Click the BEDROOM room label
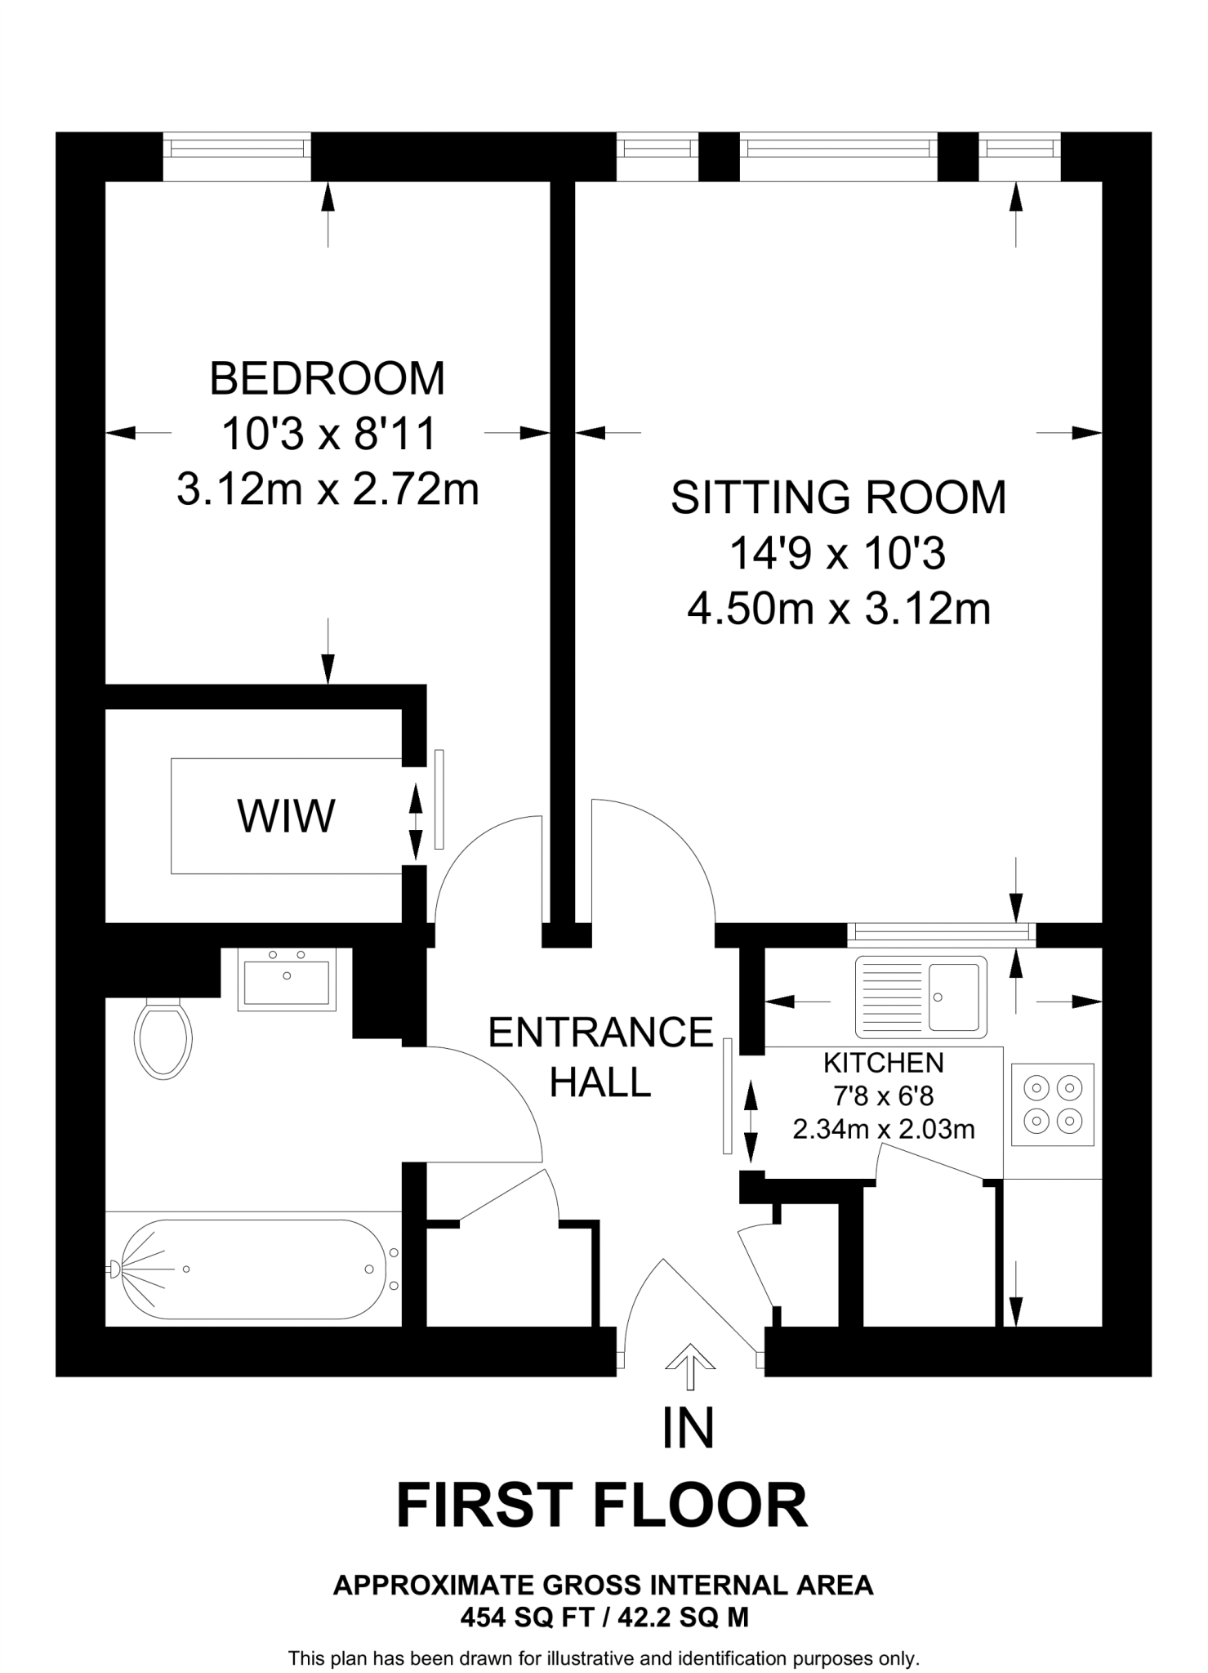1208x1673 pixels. point(328,379)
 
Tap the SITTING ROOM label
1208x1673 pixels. point(838,497)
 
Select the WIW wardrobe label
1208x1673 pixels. point(286,816)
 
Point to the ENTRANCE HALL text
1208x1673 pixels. point(600,1057)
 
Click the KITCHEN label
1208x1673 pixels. point(883,1063)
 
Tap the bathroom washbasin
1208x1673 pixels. point(287,979)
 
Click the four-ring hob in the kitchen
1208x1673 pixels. point(1052,1104)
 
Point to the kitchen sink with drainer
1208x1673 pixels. point(920,997)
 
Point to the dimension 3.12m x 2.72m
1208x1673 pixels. point(328,490)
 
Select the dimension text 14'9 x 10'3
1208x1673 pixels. point(838,554)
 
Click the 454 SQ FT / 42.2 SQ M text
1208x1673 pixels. point(604,1617)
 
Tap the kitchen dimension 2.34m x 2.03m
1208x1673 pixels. point(883,1129)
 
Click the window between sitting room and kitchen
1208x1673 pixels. point(941,934)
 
